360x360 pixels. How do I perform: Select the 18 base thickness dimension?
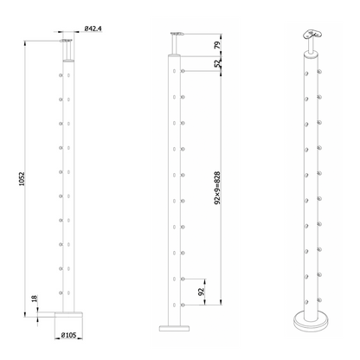[32, 298]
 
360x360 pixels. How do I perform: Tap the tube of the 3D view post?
[310, 182]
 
